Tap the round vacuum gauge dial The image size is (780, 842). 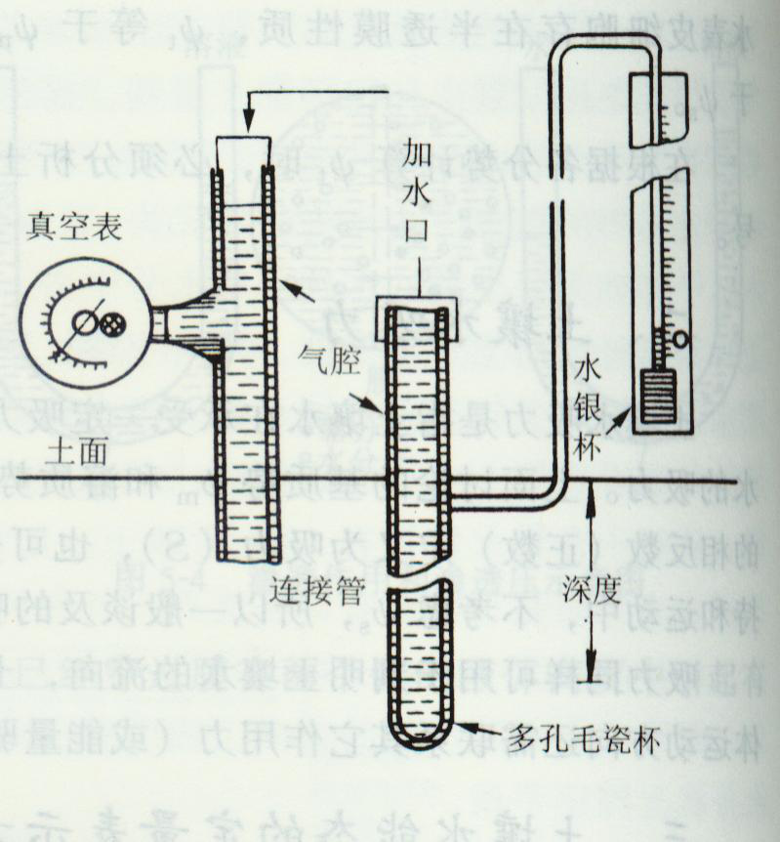[x=84, y=321]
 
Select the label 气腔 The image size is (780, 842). [x=329, y=363]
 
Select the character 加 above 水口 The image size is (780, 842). [x=421, y=154]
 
